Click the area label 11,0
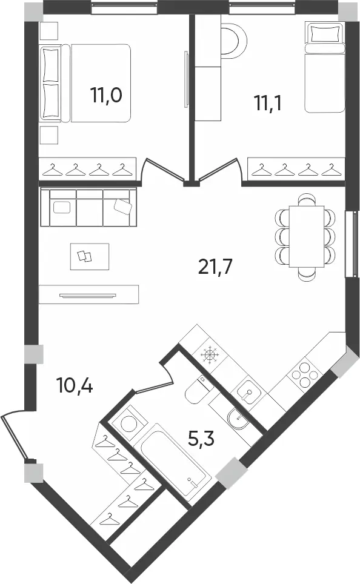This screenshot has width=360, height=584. [106, 95]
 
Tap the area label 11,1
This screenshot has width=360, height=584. [268, 102]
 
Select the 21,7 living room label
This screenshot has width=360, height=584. [215, 267]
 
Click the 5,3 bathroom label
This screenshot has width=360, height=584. [201, 439]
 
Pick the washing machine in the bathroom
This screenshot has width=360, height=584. [129, 422]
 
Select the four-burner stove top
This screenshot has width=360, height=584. [304, 374]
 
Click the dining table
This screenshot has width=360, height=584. [307, 236]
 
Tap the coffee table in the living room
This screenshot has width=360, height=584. [90, 256]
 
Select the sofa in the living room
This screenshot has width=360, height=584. [88, 207]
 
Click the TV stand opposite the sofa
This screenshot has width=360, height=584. [88, 294]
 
